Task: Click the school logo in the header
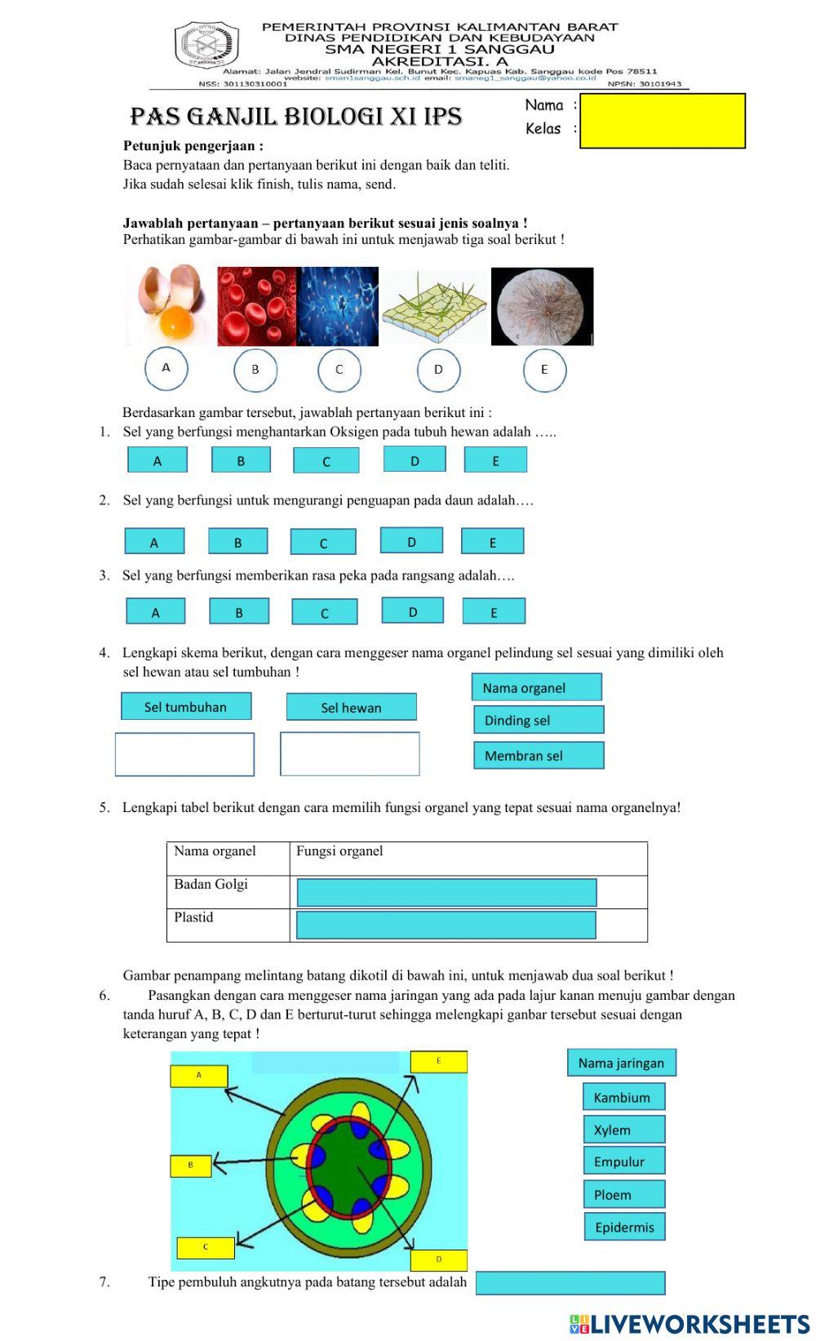[x=206, y=46]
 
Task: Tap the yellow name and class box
[x=662, y=121]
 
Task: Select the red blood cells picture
[x=256, y=306]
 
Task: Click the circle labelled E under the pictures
[x=544, y=369]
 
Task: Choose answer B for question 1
[x=241, y=460]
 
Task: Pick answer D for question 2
[x=411, y=541]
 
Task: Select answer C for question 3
[x=324, y=612]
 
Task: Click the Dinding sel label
[x=538, y=720]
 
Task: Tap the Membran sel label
[x=538, y=756]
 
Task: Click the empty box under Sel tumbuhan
[x=184, y=754]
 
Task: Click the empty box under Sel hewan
[x=349, y=754]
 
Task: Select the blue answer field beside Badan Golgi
[x=446, y=892]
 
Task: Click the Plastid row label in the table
[x=194, y=917]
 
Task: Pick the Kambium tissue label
[x=623, y=1097]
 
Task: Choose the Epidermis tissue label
[x=624, y=1227]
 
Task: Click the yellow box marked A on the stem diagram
[x=198, y=1076]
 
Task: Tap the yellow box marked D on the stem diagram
[x=438, y=1259]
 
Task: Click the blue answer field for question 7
[x=570, y=1282]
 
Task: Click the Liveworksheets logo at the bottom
[x=690, y=1323]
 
